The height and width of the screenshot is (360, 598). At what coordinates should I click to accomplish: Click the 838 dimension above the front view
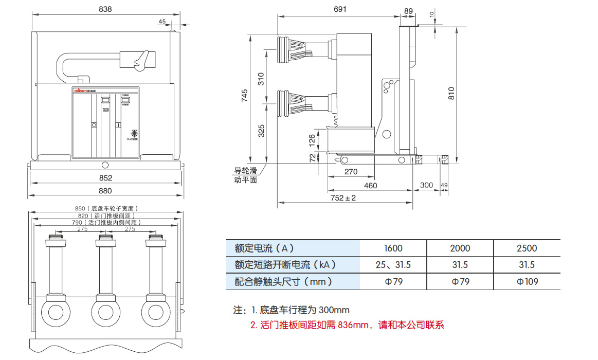[x=105, y=9]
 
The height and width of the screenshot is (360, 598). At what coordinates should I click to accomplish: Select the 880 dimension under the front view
[x=105, y=191]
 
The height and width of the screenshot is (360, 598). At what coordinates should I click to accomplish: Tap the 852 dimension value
[x=105, y=178]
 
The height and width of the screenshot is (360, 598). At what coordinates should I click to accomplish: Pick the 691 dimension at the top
[x=340, y=9]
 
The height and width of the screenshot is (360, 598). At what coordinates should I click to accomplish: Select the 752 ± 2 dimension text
[x=343, y=198]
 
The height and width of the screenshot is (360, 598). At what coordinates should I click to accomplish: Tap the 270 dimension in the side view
[x=351, y=172]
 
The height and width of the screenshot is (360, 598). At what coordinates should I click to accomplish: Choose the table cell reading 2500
[x=527, y=248]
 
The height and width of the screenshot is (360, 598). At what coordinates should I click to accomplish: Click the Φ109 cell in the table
[x=527, y=281]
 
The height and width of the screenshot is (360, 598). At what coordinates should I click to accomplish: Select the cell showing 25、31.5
[x=393, y=265]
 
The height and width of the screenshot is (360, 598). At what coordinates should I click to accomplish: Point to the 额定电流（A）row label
[x=264, y=248]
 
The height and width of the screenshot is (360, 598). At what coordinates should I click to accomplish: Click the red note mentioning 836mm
[x=347, y=325]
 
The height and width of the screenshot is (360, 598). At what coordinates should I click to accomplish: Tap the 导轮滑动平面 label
[x=246, y=175]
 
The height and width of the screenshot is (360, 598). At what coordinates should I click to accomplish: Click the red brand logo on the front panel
[x=82, y=91]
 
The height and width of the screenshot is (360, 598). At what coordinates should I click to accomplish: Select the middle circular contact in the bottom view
[x=105, y=312]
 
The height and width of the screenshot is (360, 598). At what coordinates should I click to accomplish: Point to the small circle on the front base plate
[x=105, y=165]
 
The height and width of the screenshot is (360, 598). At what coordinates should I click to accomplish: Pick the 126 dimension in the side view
[x=312, y=139]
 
